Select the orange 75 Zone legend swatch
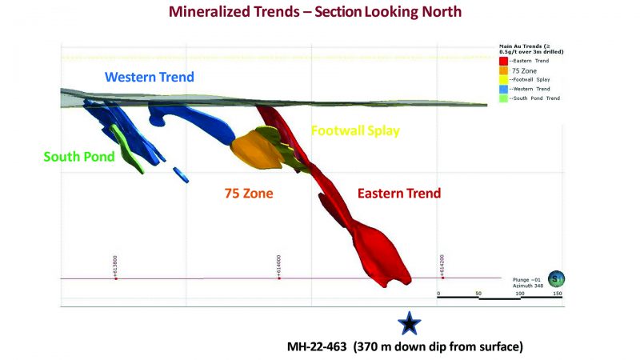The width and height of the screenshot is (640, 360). tap(502, 70)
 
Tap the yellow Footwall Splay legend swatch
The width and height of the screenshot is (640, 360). tap(502, 79)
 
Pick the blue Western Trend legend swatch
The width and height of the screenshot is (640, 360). tap(502, 89)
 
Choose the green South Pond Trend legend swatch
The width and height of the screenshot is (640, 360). tap(502, 98)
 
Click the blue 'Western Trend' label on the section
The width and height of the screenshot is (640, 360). tap(150, 78)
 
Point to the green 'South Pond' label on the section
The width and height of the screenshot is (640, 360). tap(79, 157)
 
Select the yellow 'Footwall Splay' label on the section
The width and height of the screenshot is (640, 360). tap(355, 130)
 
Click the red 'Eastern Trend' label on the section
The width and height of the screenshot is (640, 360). tap(398, 194)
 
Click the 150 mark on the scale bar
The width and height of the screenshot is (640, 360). tap(558, 294)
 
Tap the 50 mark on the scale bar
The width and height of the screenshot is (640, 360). tap(478, 294)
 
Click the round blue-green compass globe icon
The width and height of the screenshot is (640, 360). tap(558, 278)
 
